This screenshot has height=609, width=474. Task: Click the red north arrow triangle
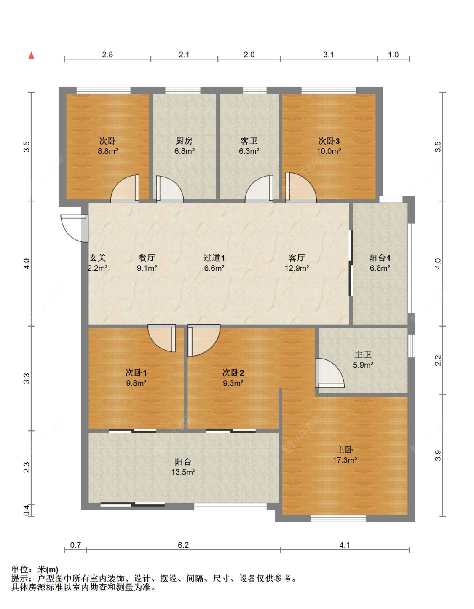point(31,56)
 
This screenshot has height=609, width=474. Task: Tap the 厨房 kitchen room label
point(184,141)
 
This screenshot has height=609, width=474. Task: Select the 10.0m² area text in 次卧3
point(329,151)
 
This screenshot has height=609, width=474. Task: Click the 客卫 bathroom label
point(249,141)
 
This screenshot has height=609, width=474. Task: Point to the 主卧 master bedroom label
point(345,450)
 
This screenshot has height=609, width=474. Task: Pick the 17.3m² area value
point(345,460)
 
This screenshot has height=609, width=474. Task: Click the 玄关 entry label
point(97,258)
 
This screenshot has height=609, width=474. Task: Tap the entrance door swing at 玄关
point(73,228)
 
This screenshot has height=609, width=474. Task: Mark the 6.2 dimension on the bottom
point(183,545)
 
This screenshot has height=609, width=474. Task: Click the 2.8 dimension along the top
point(107,55)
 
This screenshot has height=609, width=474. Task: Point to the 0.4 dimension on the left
point(27,510)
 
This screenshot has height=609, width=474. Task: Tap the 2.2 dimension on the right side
point(438,360)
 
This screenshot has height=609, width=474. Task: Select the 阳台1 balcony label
point(380,258)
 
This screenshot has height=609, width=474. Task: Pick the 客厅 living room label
point(297,258)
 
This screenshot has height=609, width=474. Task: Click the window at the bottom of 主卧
point(338,518)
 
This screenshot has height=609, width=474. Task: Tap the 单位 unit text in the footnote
point(20,569)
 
